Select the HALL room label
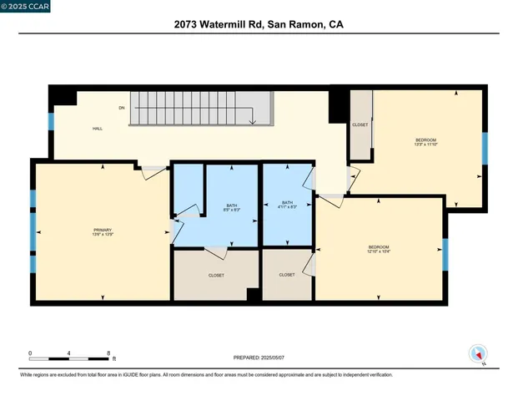coord(97,129)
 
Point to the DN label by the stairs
coord(122,108)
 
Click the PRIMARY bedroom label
coord(103,230)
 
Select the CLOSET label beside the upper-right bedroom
coord(360,124)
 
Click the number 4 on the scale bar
coord(70,353)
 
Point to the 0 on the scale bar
coord(31,353)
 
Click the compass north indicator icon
coord(478,353)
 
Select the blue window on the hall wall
coord(51,121)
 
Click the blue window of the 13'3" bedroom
coord(485,147)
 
